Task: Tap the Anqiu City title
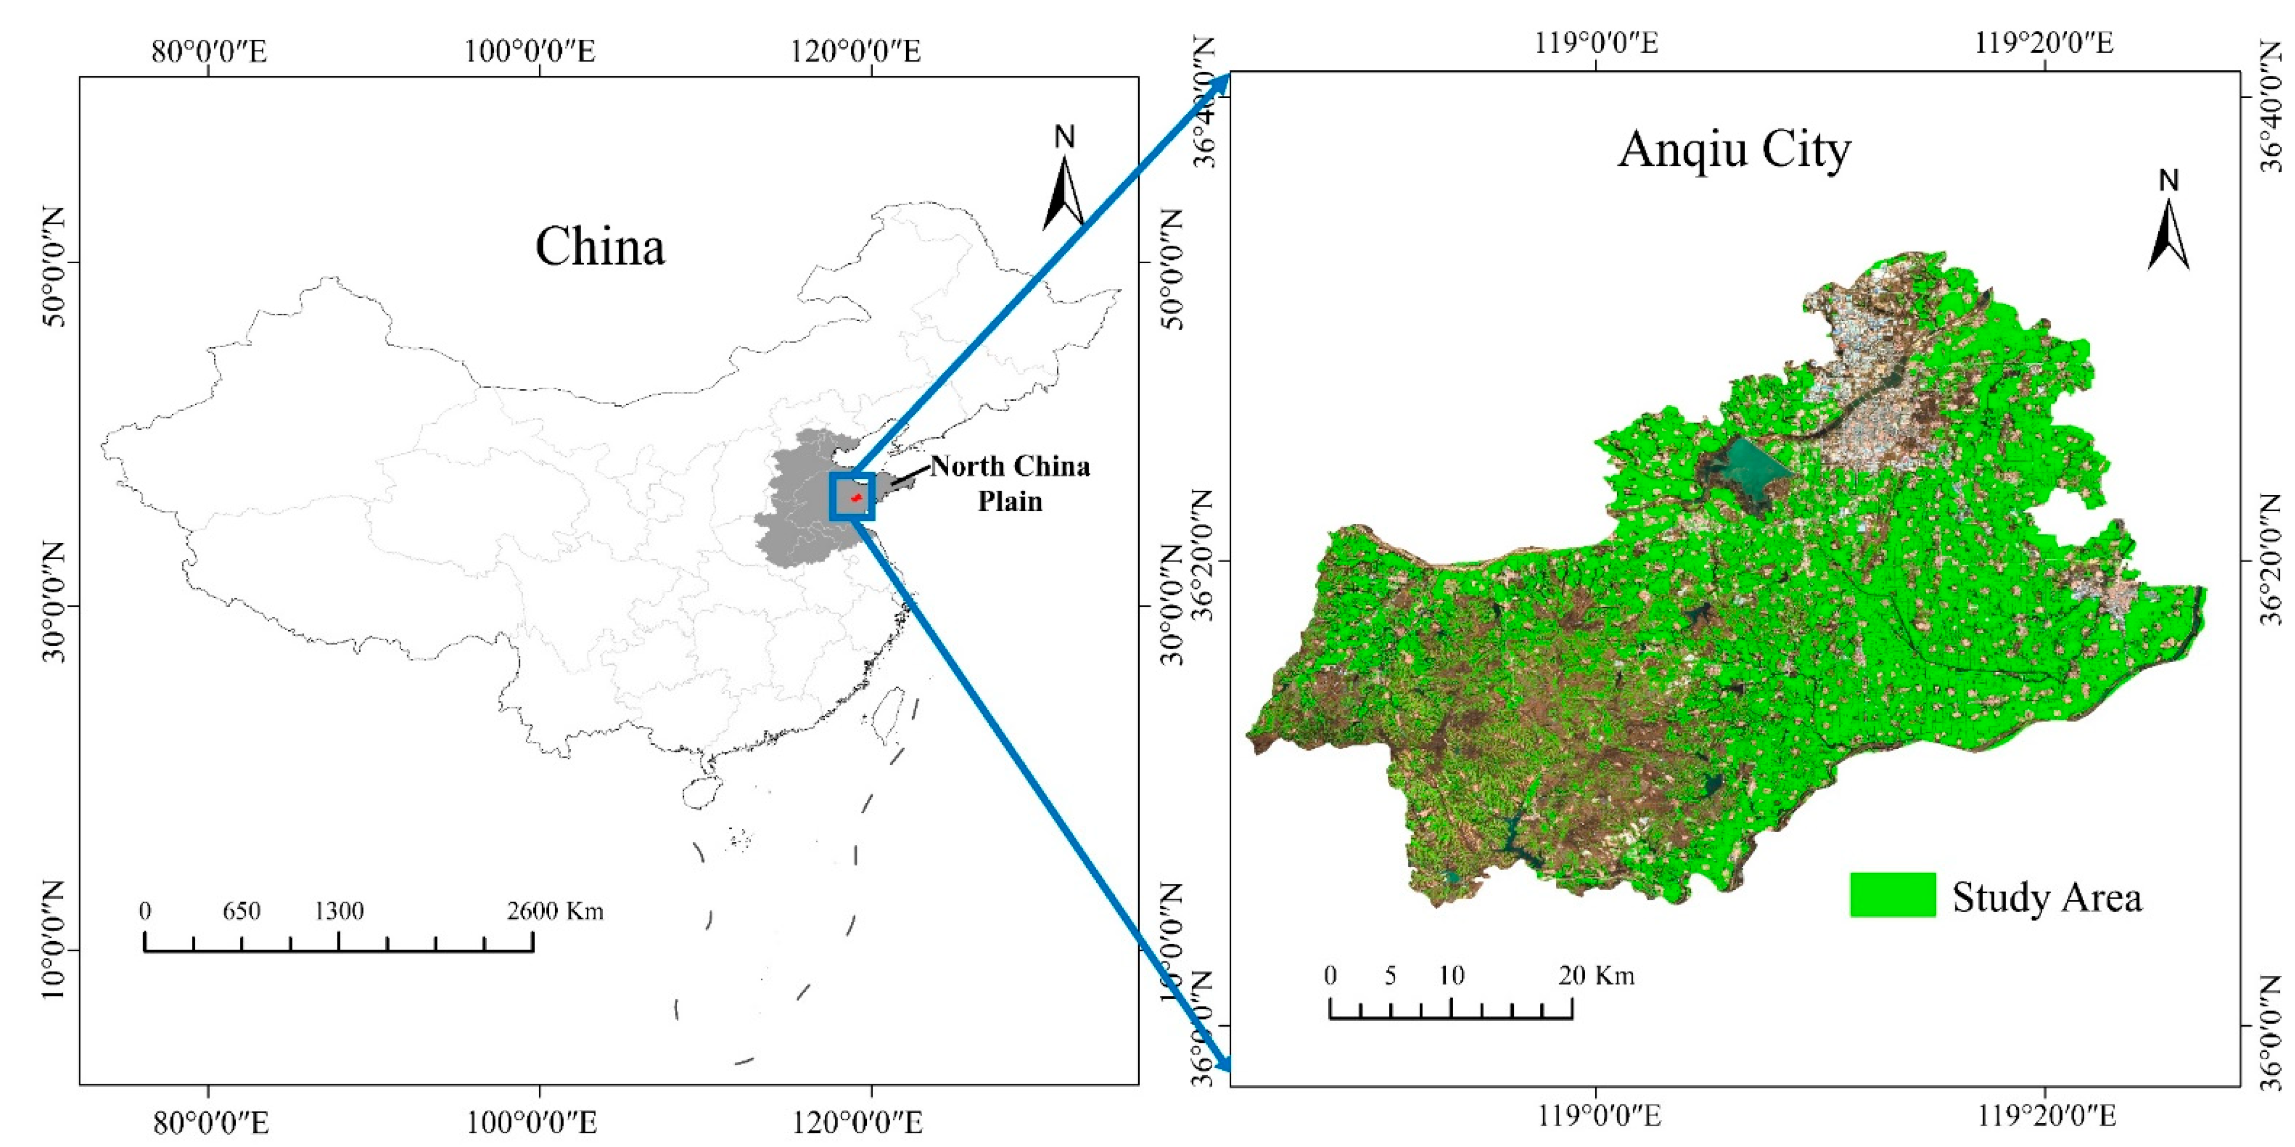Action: pos(1734,149)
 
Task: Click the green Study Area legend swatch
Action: pos(1892,895)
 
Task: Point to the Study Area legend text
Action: pos(2047,897)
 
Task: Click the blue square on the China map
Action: pos(852,496)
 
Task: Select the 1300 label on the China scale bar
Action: pos(339,911)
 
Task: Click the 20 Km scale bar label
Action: pos(1596,976)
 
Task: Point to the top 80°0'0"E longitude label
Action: pos(209,51)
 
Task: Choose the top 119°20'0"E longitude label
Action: pos(2044,42)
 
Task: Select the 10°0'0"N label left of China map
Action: pos(53,950)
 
